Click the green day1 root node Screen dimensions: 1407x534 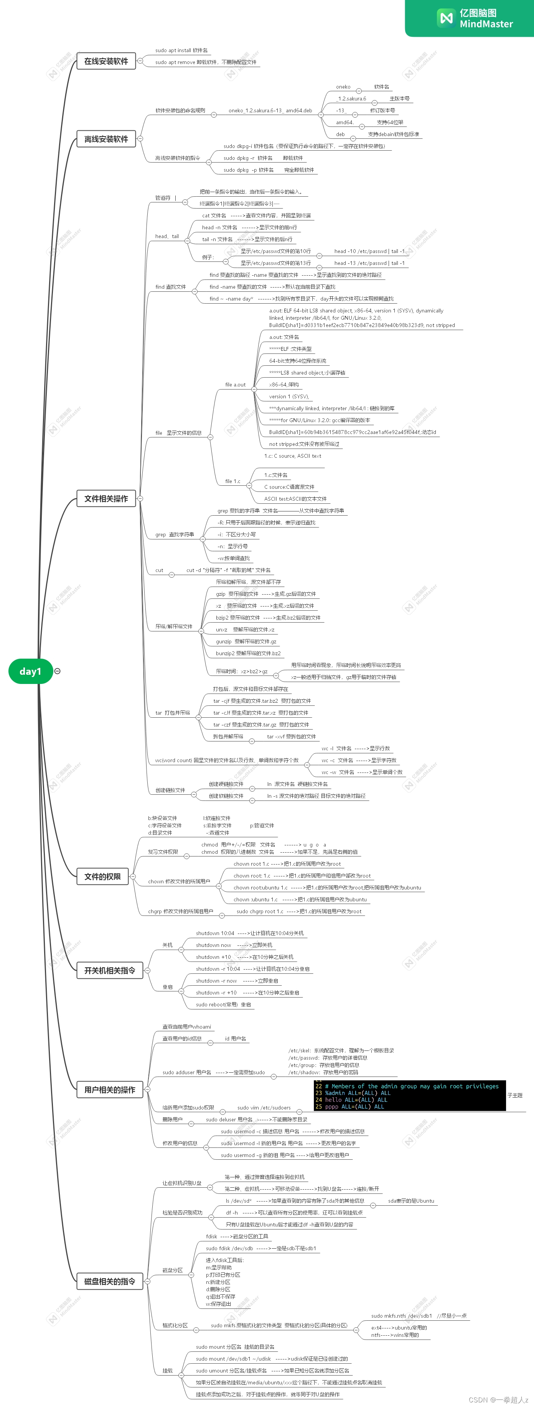31,671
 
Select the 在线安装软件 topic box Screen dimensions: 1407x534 106,61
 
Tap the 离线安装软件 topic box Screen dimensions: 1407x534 106,139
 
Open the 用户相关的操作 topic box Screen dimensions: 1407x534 109,1090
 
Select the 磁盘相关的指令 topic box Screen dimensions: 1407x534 109,1281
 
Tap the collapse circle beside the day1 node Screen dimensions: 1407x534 58,671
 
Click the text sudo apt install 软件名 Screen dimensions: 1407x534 181,50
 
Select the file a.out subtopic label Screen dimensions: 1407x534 235,385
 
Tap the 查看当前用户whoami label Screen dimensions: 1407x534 186,1027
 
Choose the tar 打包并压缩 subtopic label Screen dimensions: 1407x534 172,713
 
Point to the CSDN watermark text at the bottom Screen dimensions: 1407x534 498,1400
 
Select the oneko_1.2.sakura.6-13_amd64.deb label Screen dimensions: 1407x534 270,111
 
